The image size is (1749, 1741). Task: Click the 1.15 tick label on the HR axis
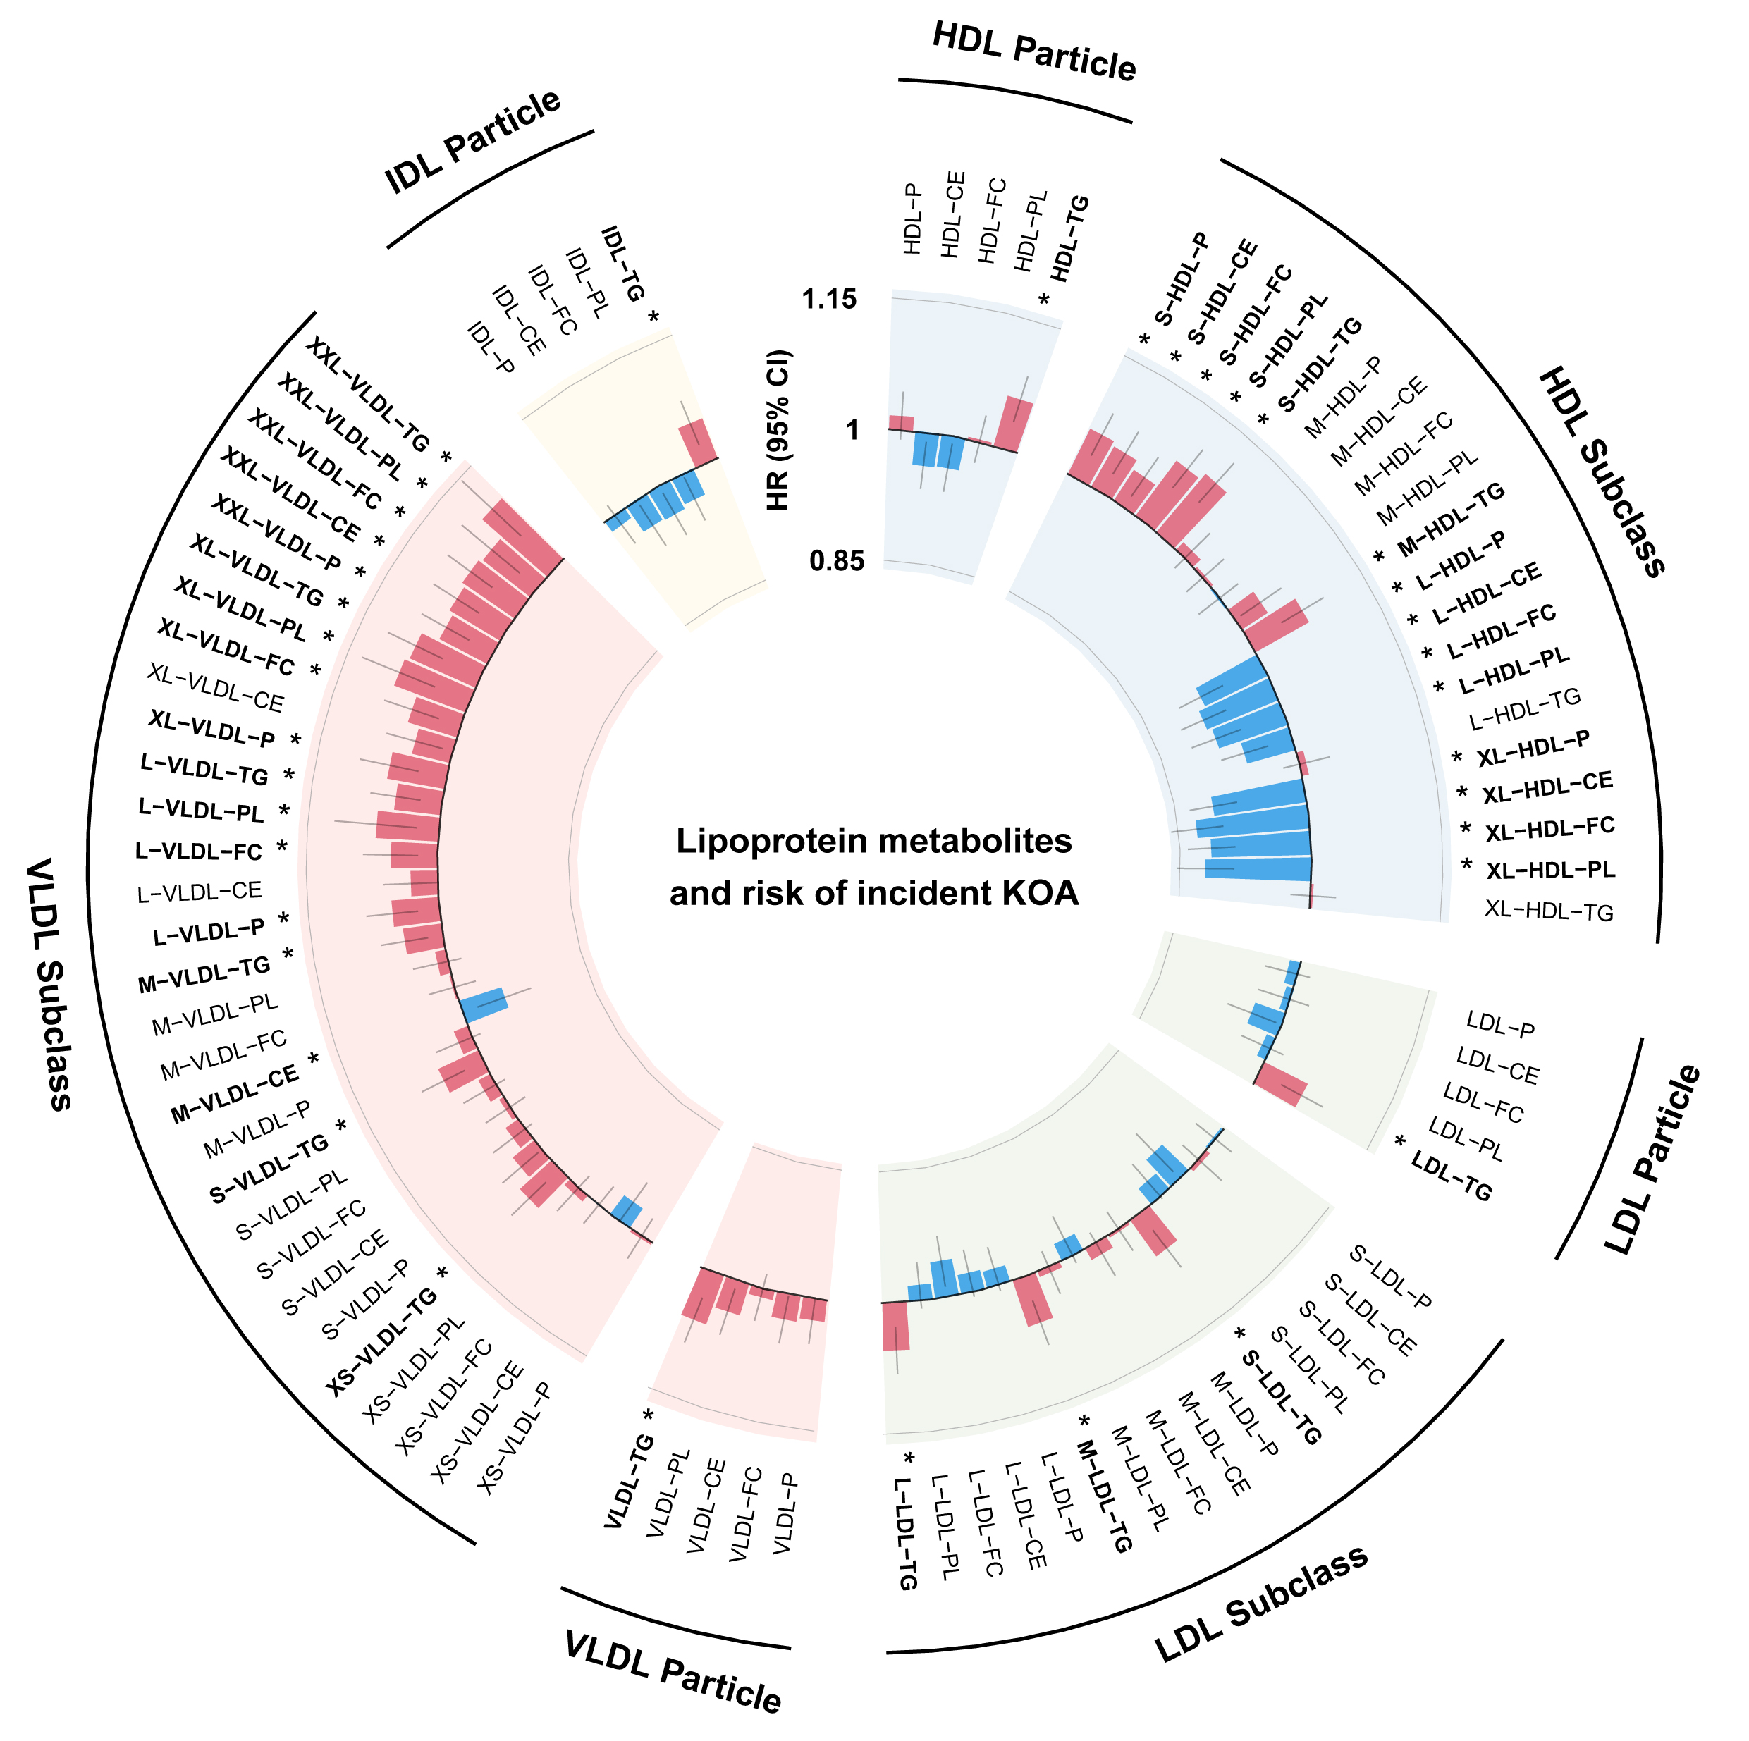click(828, 299)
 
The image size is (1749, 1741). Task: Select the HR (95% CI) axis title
click(778, 430)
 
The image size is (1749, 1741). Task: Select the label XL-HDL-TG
click(1549, 911)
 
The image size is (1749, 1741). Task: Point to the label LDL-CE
click(1497, 1066)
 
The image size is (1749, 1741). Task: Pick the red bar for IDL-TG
click(699, 441)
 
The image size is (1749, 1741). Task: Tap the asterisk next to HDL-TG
click(1044, 299)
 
